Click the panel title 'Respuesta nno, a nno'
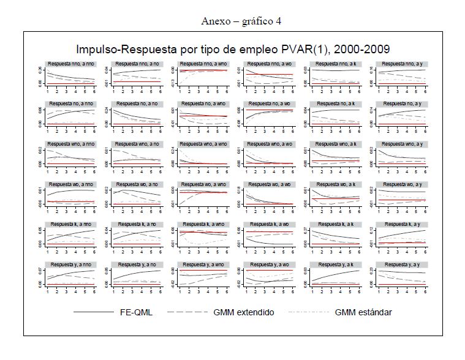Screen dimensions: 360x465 (72, 64)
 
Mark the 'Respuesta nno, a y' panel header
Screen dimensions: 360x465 (402, 64)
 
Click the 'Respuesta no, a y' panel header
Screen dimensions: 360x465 (402, 104)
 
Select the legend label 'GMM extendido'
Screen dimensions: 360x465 (244, 312)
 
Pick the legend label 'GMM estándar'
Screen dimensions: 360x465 (363, 312)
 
